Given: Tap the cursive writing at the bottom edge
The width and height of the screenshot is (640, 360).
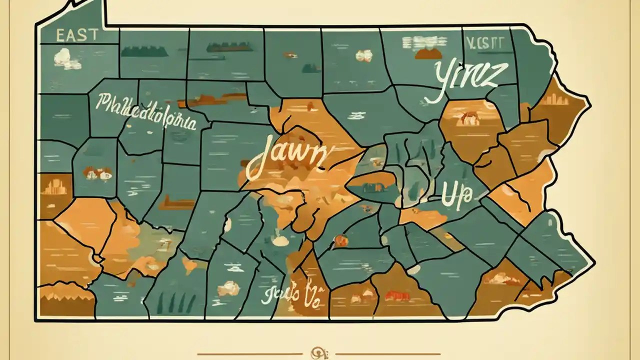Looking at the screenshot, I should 290,295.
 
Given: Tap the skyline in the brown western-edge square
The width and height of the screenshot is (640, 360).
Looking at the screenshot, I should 54,187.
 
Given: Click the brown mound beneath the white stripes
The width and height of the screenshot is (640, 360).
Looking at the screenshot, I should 428,53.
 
